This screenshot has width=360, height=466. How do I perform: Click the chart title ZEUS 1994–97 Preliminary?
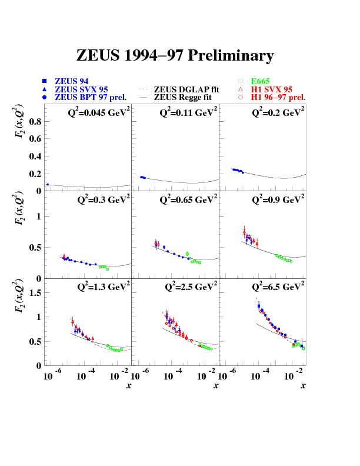[175, 56]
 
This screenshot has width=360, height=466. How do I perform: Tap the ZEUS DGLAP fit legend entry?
[186, 89]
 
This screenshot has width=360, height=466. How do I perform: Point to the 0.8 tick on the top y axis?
[34, 122]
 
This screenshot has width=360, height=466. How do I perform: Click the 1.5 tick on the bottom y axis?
[34, 292]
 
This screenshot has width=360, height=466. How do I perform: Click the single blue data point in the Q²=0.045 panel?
[47, 185]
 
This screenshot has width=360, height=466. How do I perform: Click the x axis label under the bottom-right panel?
[303, 385]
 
